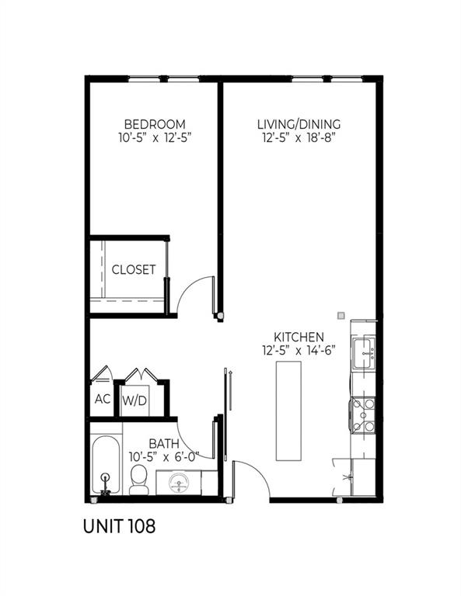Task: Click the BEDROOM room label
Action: [155, 124]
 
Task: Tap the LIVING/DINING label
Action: [299, 124]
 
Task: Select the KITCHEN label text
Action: [299, 337]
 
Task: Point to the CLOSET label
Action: [134, 270]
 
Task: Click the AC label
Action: [102, 400]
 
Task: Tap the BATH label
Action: [143, 444]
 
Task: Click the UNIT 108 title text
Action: [118, 526]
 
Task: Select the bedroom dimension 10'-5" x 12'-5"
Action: [155, 138]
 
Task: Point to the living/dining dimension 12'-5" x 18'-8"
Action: [299, 138]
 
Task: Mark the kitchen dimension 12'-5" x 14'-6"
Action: [299, 350]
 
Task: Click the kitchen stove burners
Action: [363, 414]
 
